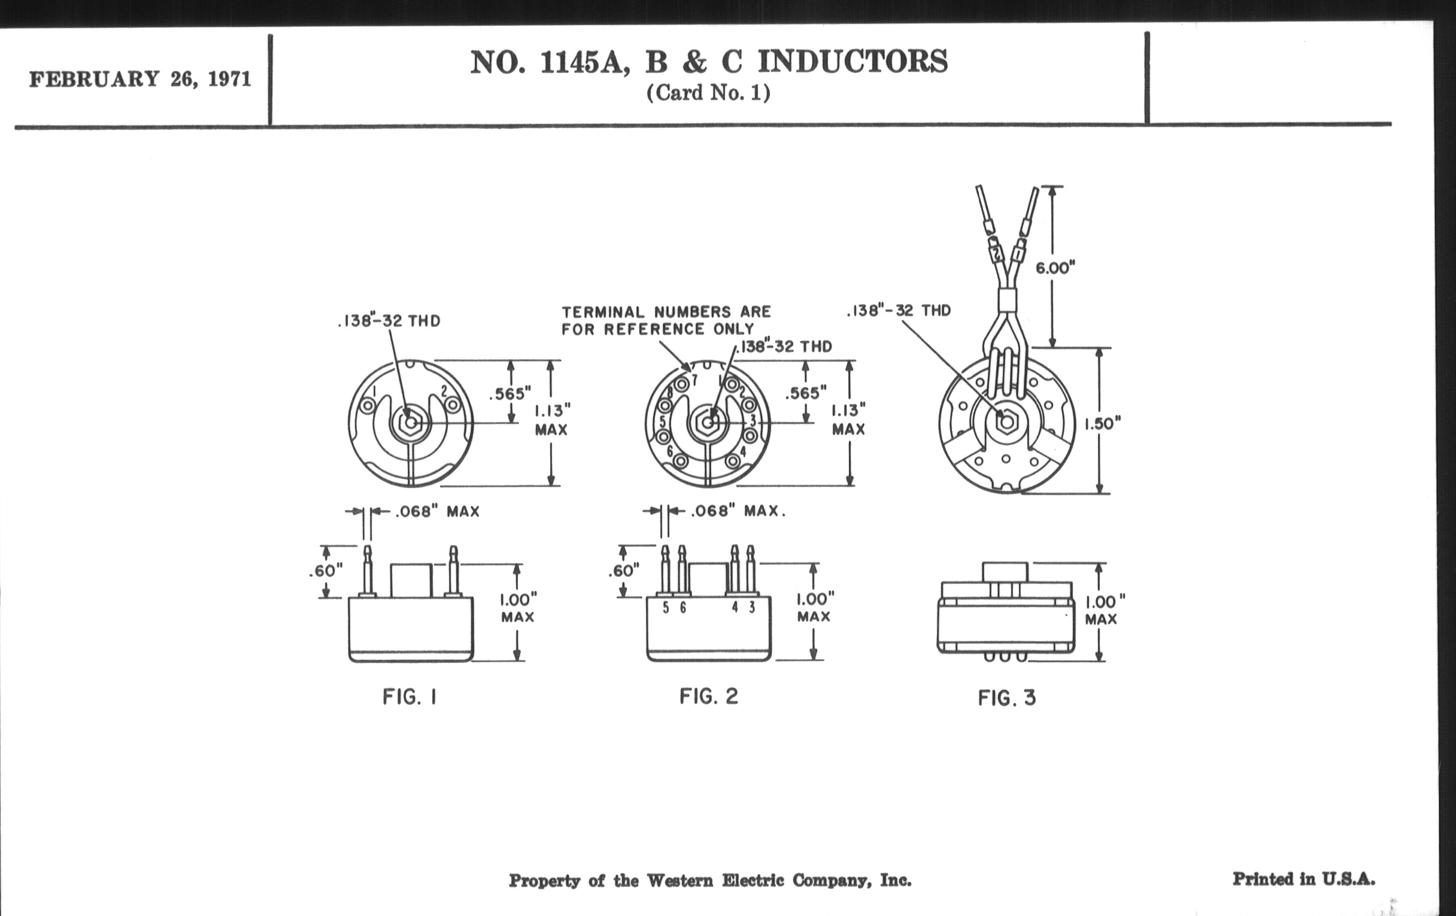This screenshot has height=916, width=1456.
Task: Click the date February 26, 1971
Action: point(139,79)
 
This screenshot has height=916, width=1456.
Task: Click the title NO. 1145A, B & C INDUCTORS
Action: point(709,62)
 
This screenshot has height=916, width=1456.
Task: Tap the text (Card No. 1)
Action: point(708,93)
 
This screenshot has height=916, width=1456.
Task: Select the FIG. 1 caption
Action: point(409,697)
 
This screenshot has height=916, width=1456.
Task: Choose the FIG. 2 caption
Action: point(709,696)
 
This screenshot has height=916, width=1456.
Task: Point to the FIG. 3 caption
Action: point(1007,698)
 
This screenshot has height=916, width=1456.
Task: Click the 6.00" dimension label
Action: point(1055,268)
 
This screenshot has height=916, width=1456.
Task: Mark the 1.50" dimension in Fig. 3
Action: point(1102,423)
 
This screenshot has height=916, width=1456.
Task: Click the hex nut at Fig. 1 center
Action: point(411,423)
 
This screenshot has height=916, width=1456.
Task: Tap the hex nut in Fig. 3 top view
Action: point(1006,421)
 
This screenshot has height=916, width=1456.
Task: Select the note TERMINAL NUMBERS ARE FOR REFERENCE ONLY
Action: point(666,320)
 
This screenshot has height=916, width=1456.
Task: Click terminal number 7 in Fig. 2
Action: point(694,380)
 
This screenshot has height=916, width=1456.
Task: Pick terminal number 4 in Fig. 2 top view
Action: point(743,451)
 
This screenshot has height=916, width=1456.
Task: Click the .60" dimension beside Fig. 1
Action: point(325,570)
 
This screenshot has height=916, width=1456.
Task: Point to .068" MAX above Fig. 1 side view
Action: point(437,511)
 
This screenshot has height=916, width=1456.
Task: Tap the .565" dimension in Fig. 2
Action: point(805,393)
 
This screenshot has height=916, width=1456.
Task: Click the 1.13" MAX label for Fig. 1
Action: point(551,420)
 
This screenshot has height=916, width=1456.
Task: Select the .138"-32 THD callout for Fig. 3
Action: point(899,311)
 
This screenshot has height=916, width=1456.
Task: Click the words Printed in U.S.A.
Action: point(1303,878)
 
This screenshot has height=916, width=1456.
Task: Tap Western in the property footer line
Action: point(680,880)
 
